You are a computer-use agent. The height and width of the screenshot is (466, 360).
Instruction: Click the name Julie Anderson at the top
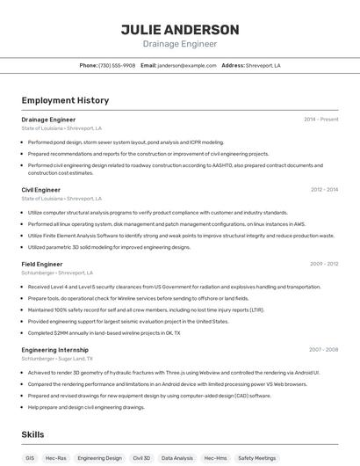click(x=180, y=29)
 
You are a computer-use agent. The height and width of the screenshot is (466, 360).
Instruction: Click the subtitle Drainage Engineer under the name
click(x=180, y=44)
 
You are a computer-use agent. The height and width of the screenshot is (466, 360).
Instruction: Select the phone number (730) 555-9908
click(x=117, y=65)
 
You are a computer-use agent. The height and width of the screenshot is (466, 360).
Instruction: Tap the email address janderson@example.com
click(x=187, y=65)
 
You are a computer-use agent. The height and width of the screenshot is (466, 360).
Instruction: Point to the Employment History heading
click(x=65, y=100)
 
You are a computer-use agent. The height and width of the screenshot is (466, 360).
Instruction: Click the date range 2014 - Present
click(x=320, y=119)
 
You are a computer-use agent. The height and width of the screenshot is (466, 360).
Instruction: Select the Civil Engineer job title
click(x=41, y=189)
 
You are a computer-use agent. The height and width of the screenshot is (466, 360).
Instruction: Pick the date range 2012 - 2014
click(x=324, y=189)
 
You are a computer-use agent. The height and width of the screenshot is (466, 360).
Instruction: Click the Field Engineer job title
click(x=42, y=264)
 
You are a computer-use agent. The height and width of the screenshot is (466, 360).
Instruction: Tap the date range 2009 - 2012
click(x=324, y=264)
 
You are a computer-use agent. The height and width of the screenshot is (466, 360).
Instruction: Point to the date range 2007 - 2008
click(x=323, y=349)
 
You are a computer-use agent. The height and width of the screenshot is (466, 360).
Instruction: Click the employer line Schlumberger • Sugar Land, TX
click(x=61, y=359)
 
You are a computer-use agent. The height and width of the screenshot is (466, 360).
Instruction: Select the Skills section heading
click(x=33, y=434)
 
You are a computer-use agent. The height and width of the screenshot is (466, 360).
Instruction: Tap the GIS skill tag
click(x=30, y=458)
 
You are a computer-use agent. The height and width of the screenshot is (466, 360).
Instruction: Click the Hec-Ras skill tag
click(x=56, y=458)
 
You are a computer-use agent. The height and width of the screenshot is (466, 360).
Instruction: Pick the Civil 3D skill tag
click(x=141, y=458)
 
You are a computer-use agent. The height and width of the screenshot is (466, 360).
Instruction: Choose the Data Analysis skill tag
click(x=177, y=458)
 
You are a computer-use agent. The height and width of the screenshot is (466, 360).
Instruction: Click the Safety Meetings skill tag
click(x=257, y=458)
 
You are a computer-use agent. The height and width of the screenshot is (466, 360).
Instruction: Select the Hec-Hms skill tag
click(x=215, y=458)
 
